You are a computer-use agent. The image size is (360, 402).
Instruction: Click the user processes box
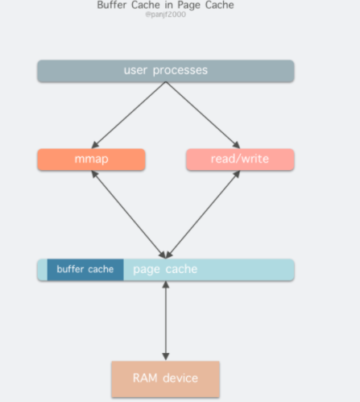click(166, 71)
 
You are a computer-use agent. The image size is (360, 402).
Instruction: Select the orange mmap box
click(91, 160)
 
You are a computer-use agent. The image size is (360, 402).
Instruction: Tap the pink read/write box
click(240, 160)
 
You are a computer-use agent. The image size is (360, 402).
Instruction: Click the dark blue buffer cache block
click(85, 270)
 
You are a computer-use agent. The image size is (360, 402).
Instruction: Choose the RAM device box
click(166, 379)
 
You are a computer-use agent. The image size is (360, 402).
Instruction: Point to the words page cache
click(165, 269)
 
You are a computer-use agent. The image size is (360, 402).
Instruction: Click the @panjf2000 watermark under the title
click(165, 15)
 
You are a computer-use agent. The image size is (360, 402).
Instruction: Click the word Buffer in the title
click(112, 5)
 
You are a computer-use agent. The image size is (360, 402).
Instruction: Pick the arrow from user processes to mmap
click(129, 115)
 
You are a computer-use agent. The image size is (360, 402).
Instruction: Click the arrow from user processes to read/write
click(203, 115)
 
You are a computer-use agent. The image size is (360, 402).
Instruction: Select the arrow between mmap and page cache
click(129, 214)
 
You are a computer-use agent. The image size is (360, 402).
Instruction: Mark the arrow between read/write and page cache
click(203, 214)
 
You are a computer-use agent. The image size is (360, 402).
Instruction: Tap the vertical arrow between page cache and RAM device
click(166, 321)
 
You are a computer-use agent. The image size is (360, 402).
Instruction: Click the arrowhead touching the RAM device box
click(166, 357)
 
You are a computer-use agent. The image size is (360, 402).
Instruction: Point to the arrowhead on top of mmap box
click(94, 145)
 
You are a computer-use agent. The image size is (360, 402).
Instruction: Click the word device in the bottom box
click(180, 378)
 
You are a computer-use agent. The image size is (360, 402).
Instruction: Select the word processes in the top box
click(180, 71)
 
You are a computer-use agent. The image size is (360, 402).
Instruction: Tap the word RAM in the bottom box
click(145, 378)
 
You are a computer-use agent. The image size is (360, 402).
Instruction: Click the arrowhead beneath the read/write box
click(237, 174)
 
